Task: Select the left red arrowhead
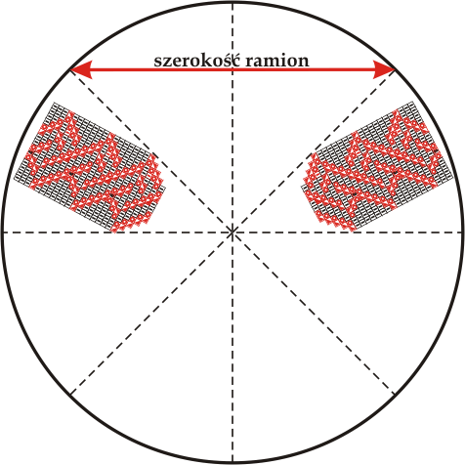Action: (x=80, y=69)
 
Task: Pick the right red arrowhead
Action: (x=385, y=69)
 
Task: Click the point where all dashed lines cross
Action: (x=232, y=232)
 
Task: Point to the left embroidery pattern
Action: (x=90, y=167)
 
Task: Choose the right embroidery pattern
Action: (x=377, y=166)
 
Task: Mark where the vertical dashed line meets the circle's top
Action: (x=232, y=3)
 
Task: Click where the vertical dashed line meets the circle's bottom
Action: (x=232, y=462)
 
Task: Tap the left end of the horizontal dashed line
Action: (x=3, y=232)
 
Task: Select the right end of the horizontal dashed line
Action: (x=462, y=232)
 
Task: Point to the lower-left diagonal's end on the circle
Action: (x=70, y=395)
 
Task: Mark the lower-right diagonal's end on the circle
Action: (x=395, y=395)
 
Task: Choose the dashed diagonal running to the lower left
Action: (x=151, y=314)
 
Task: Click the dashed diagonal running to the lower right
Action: (x=314, y=314)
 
